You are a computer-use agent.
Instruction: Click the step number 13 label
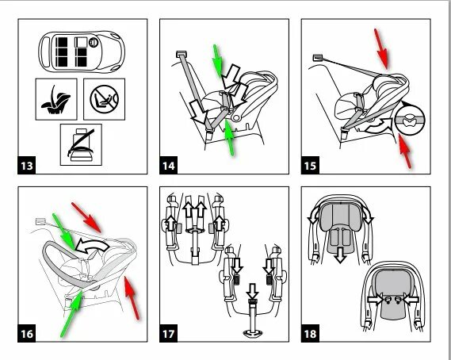(27, 166)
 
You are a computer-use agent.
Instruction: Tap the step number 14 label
(168, 166)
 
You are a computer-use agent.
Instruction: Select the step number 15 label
(310, 166)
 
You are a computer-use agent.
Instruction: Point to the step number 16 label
(27, 334)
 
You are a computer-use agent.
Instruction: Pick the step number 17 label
(168, 334)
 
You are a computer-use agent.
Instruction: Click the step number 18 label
(310, 334)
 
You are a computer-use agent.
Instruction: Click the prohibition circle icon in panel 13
(104, 100)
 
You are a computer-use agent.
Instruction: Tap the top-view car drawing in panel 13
(82, 52)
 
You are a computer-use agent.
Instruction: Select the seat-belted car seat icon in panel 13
(81, 145)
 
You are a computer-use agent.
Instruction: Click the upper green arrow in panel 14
(217, 61)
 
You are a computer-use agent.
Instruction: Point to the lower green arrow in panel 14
(229, 137)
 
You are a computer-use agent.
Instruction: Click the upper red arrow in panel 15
(381, 49)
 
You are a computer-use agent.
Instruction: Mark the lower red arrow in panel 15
(405, 151)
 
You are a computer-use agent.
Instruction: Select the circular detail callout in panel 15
(410, 120)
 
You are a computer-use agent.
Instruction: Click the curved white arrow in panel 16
(91, 246)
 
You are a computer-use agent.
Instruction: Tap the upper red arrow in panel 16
(86, 217)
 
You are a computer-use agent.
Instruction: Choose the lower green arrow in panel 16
(72, 314)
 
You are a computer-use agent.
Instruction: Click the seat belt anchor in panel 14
(182, 54)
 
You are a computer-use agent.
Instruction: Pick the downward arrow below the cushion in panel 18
(341, 255)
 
